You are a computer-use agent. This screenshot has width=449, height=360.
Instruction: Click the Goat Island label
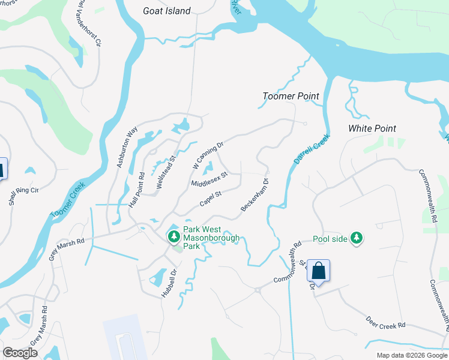pyautogui.click(x=166, y=11)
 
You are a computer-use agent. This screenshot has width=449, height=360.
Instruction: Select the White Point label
pyautogui.click(x=372, y=128)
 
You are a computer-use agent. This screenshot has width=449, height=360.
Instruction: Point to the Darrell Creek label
pyautogui.click(x=312, y=149)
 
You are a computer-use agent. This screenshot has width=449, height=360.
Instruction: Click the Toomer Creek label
pyautogui.click(x=67, y=200)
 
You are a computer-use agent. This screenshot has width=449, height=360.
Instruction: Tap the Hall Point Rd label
pyautogui.click(x=137, y=190)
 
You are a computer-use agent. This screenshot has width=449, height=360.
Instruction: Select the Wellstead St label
pyautogui.click(x=164, y=173)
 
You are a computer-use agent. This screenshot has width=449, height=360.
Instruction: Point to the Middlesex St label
pyautogui.click(x=209, y=179)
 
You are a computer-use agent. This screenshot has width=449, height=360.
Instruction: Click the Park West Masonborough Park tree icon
pyautogui.click(x=174, y=237)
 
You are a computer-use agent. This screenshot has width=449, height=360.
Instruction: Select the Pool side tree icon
pyautogui.click(x=357, y=238)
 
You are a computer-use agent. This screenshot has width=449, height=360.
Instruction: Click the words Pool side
pyautogui.click(x=330, y=239)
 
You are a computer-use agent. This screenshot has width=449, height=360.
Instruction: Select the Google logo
pyautogui.click(x=20, y=353)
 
